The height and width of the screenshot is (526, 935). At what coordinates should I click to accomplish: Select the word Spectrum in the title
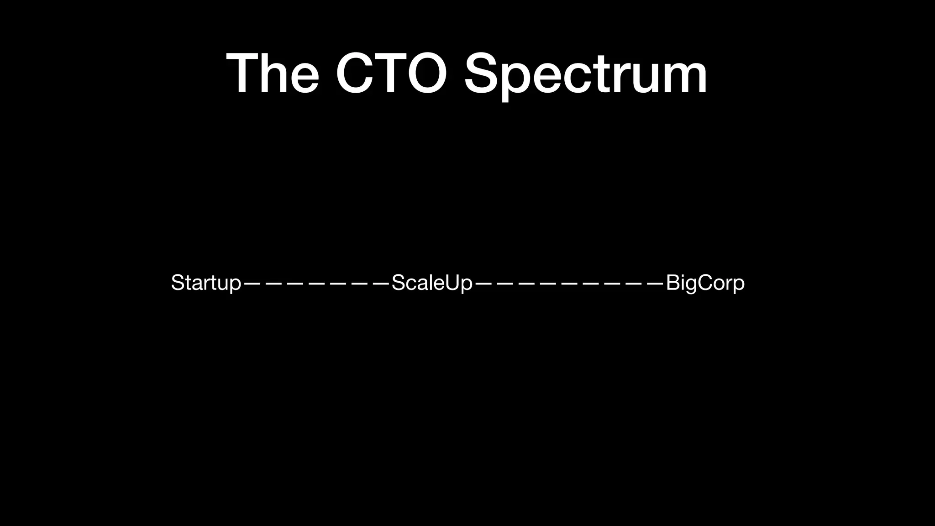pos(585,75)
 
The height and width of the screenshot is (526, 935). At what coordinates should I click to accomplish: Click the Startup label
pos(205,283)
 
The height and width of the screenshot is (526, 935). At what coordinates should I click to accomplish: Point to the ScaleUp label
pos(431,283)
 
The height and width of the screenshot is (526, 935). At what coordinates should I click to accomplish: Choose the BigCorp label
pos(705,283)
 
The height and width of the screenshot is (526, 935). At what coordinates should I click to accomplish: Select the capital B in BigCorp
pos(673,283)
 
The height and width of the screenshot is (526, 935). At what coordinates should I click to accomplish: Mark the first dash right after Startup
pos(252,283)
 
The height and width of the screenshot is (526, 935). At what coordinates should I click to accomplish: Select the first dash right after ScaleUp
pos(483,283)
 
